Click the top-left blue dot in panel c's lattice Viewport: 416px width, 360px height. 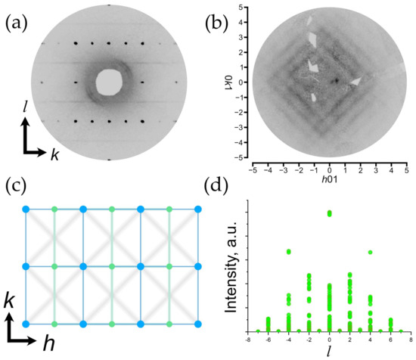coord(26,208)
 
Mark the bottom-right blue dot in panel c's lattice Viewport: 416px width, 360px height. coord(198,324)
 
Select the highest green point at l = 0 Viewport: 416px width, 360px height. coord(329,213)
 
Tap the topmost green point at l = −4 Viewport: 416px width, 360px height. coord(289,251)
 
